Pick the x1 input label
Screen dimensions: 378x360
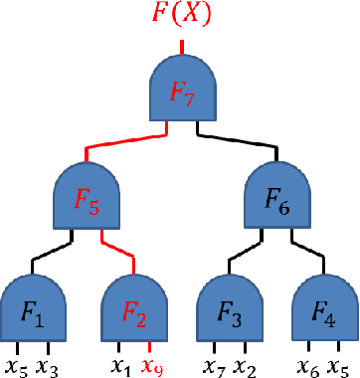point(120,365)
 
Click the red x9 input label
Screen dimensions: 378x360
point(150,365)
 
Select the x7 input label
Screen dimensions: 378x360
point(214,365)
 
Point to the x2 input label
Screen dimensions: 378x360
point(245,365)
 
